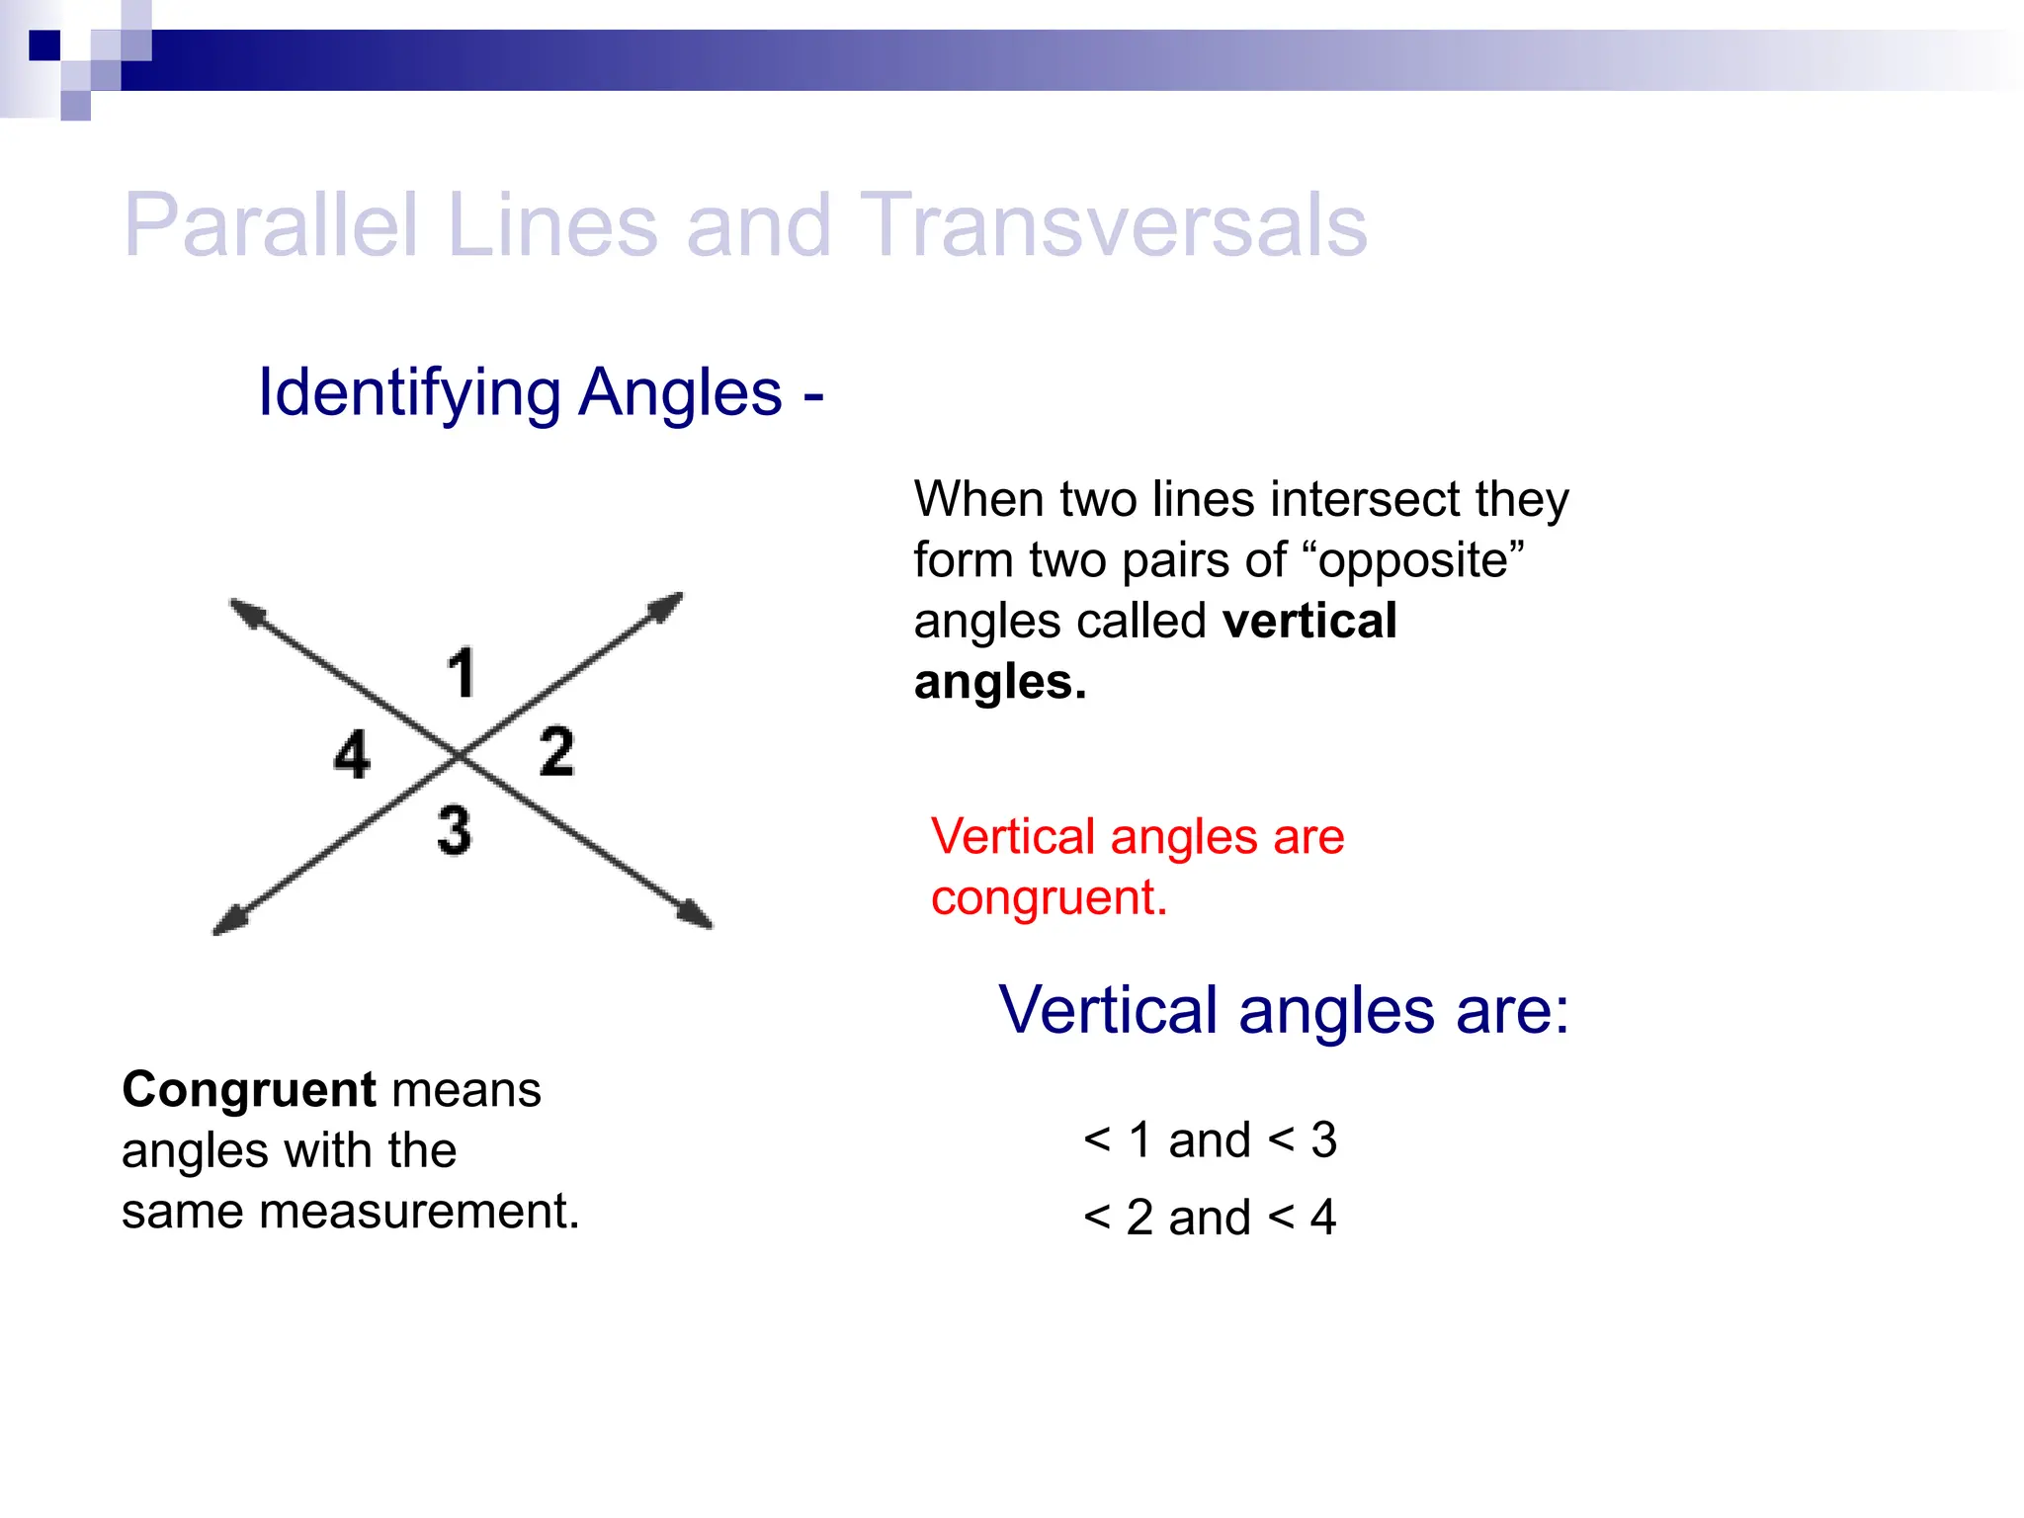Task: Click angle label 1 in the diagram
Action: [462, 673]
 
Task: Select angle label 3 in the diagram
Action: [455, 830]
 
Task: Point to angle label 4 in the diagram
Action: [352, 755]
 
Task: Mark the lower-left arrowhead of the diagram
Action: [228, 922]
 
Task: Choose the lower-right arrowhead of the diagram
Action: [696, 914]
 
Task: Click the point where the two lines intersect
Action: [460, 757]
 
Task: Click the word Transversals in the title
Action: [1114, 225]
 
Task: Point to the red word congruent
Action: [1049, 898]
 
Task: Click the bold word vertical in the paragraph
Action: [1309, 622]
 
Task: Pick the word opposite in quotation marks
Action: [1414, 560]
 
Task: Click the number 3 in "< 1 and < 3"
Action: [1324, 1140]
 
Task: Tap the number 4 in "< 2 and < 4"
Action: [1323, 1218]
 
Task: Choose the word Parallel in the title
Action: [272, 225]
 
